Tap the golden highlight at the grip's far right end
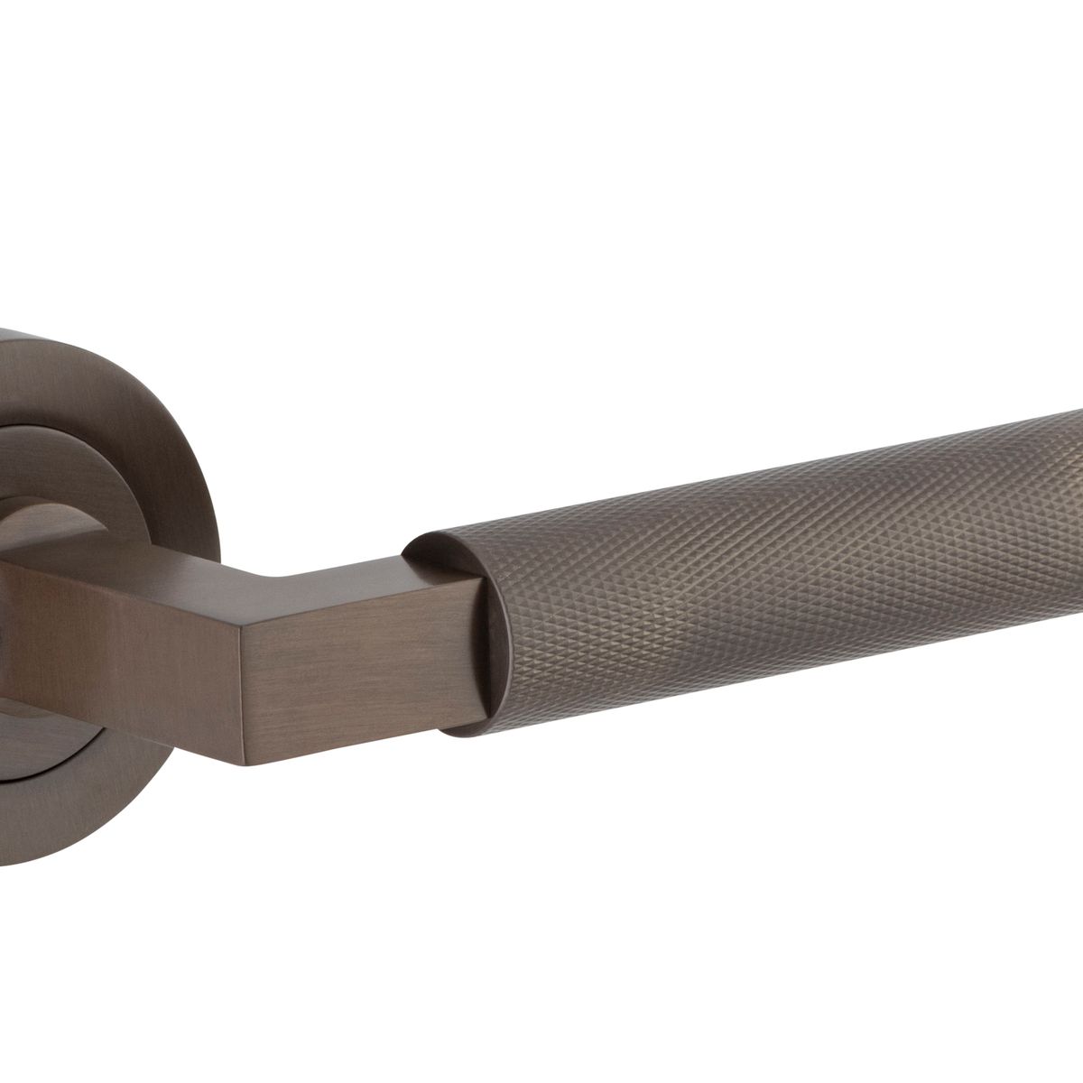pyautogui.click(x=1069, y=469)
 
